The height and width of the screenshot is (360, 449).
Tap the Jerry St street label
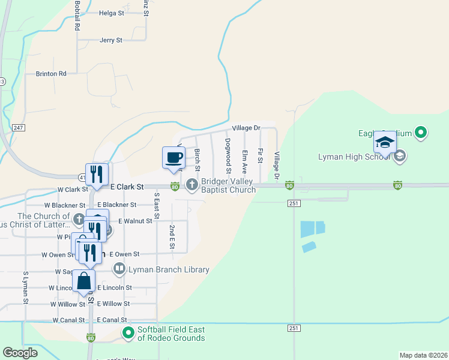111,40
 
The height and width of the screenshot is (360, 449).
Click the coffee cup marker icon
173,157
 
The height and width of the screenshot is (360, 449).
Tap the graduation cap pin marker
385,142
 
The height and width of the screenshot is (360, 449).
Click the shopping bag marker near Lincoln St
84,281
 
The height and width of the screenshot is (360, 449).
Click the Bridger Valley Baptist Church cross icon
192,184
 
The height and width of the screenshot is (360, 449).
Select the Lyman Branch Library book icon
119,269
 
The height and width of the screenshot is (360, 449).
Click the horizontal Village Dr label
246,128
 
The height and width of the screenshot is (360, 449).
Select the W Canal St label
68,320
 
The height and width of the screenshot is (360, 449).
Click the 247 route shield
17,128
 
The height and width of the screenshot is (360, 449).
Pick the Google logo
20,352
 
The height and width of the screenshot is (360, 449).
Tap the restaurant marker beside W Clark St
97,175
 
